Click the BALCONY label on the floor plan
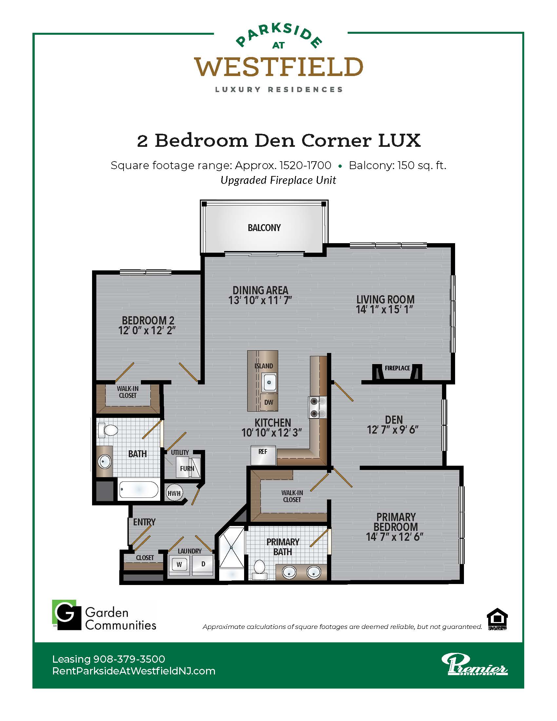[x=264, y=228]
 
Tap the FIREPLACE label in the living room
[x=397, y=368]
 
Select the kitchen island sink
[x=269, y=382]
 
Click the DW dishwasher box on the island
[x=269, y=402]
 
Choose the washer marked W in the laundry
[x=179, y=564]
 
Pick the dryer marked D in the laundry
[x=203, y=564]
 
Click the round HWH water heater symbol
[x=174, y=493]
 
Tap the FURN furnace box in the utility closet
[x=187, y=468]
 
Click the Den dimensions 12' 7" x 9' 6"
[x=393, y=430]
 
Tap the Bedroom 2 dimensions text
[x=147, y=330]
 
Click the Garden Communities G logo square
[x=67, y=615]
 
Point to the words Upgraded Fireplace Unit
[x=278, y=180]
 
